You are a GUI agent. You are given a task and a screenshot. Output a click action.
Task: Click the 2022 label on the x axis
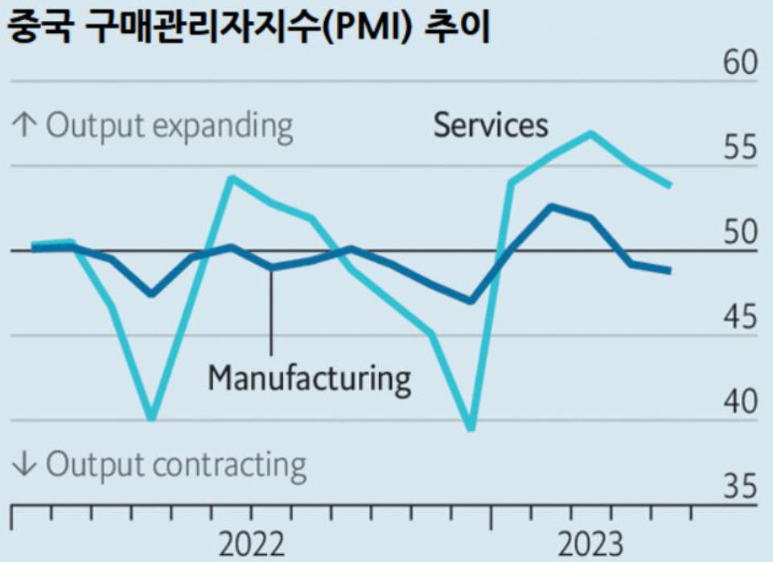251,544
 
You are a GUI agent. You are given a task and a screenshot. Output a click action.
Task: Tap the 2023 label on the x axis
590,544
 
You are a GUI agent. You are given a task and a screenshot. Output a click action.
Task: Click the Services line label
491,125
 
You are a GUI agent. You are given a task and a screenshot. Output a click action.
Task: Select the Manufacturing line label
310,377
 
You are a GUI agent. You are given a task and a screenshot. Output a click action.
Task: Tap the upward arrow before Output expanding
25,126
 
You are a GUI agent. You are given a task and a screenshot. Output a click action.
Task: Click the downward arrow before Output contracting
25,466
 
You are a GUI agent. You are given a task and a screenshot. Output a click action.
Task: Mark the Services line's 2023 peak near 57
591,133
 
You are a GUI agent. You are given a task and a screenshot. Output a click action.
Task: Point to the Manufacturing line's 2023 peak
552,207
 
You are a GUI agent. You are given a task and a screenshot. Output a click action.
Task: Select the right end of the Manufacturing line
669,270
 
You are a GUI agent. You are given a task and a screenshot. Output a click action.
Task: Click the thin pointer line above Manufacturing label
271,314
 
